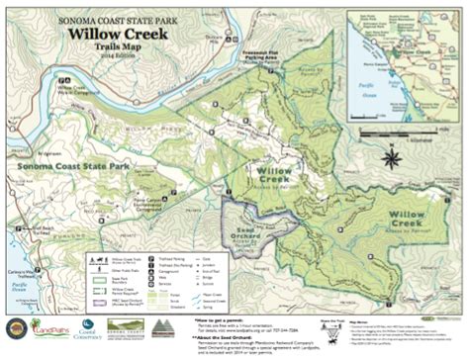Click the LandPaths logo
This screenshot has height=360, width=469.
51,325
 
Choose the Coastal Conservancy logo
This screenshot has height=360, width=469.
87,325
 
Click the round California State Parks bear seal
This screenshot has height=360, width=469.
15,325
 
